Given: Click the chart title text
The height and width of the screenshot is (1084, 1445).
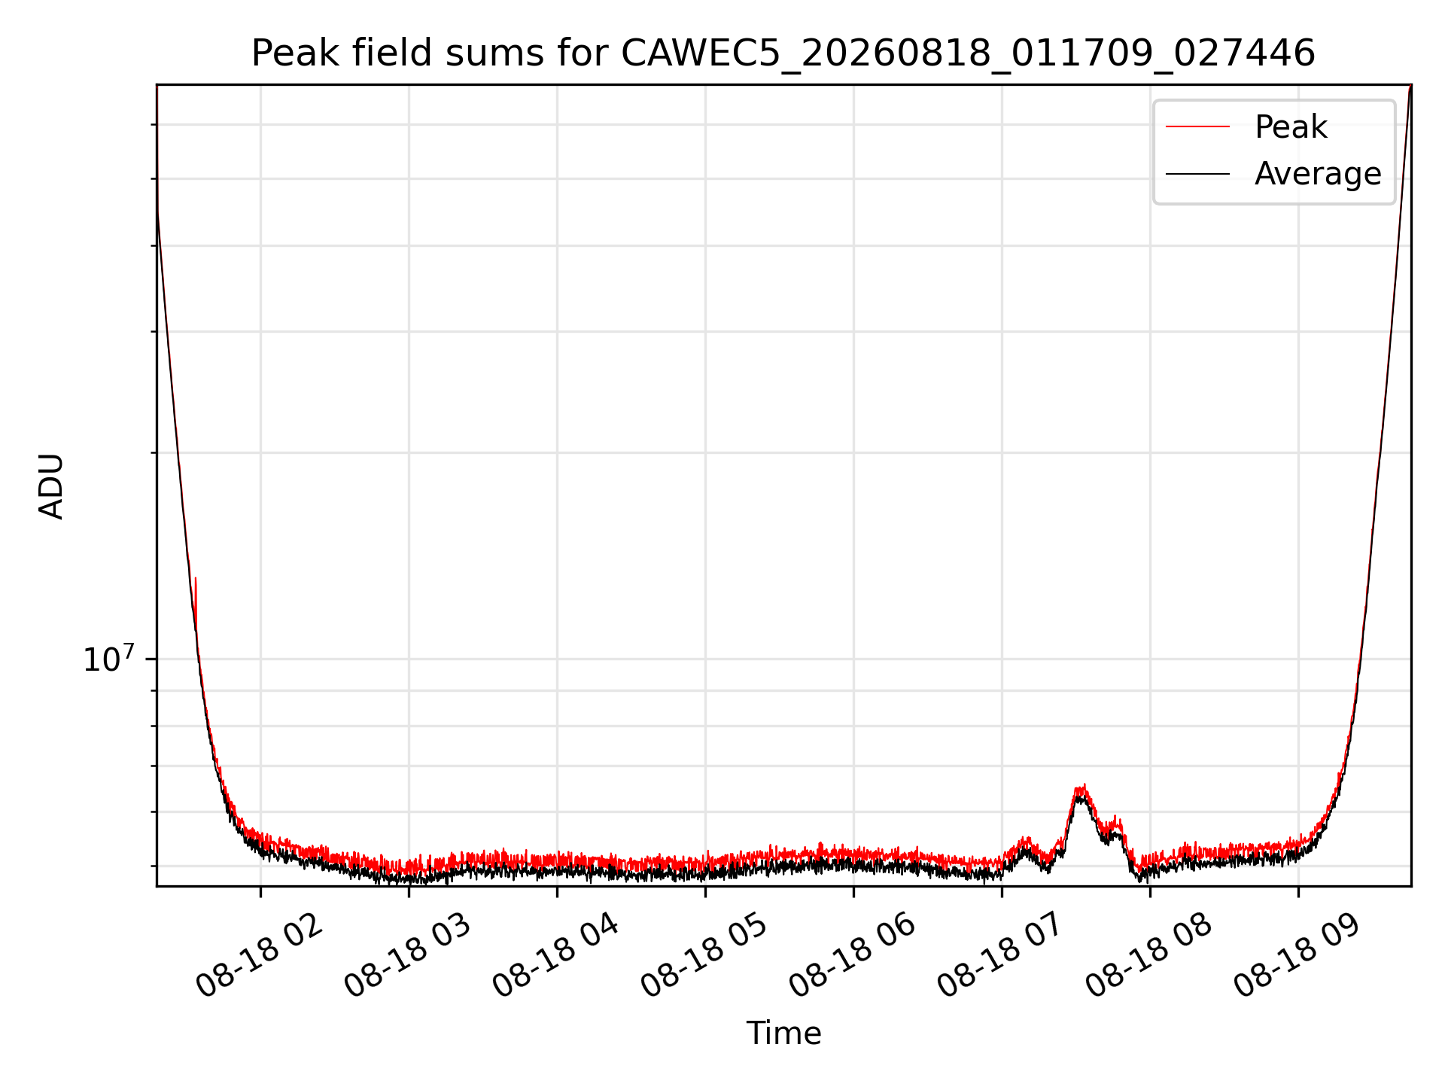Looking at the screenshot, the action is pyautogui.click(x=783, y=54).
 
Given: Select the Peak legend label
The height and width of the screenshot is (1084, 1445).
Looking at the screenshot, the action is pyautogui.click(x=1291, y=127).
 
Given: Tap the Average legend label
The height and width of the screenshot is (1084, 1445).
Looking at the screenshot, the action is pyautogui.click(x=1318, y=174).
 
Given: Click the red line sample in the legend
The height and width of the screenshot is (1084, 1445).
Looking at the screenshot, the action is pyautogui.click(x=1197, y=127).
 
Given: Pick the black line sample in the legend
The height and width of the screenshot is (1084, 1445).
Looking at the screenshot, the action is pyautogui.click(x=1197, y=174).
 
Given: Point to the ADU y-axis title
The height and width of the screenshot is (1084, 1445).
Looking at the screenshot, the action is pyautogui.click(x=51, y=486).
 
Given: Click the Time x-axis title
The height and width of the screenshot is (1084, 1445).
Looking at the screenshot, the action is pyautogui.click(x=783, y=1033).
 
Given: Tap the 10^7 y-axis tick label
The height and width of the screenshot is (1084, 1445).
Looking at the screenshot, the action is pyautogui.click(x=109, y=659).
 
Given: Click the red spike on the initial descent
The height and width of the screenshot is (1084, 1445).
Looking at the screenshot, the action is pyautogui.click(x=196, y=595).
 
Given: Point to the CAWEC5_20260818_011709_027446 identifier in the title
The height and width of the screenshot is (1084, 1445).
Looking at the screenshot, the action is pyautogui.click(x=968, y=54).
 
